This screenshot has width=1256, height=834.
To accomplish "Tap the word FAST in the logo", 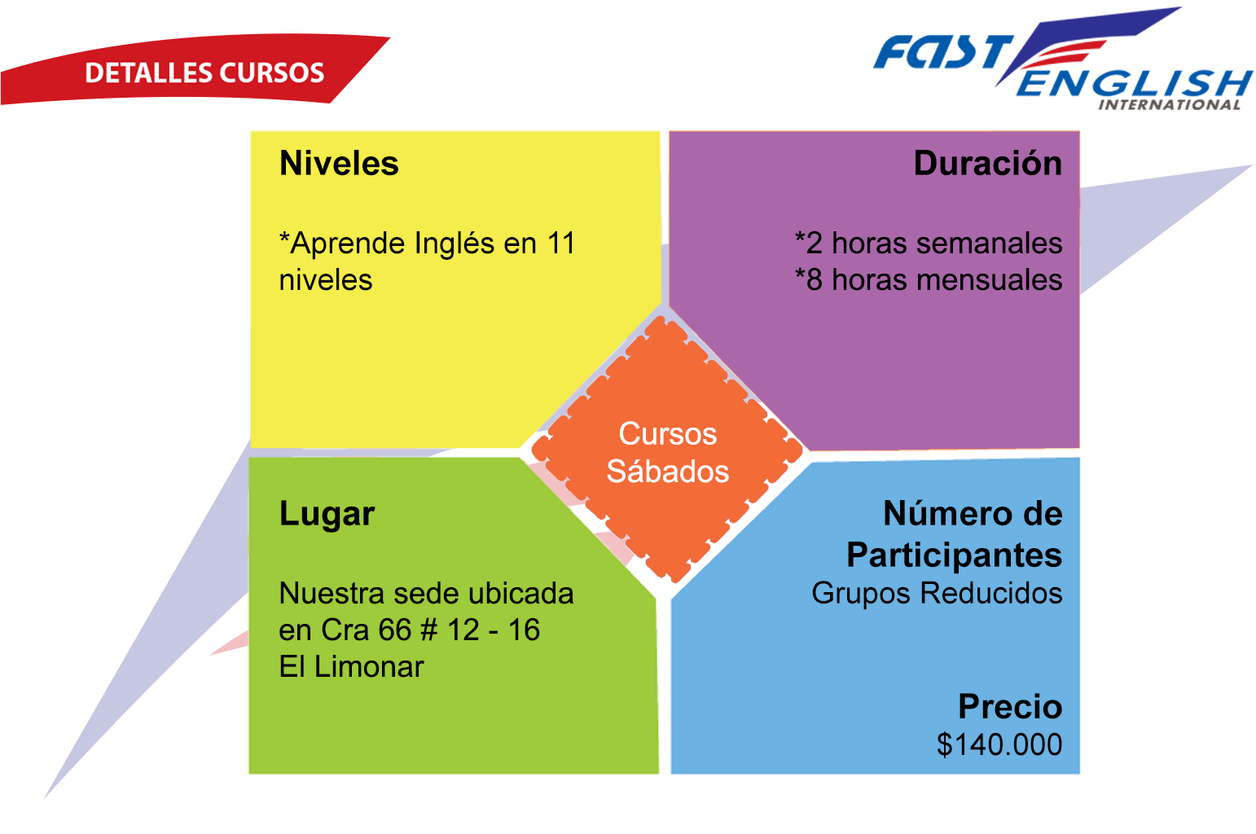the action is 943,52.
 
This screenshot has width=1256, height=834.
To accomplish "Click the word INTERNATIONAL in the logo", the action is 1169,105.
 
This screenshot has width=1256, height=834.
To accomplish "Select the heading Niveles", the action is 339,163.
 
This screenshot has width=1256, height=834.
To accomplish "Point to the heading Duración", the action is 988,163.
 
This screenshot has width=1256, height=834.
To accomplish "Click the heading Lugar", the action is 327,515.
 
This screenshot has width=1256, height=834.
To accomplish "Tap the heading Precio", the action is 1010,706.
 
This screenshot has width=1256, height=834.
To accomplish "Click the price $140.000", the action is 999,744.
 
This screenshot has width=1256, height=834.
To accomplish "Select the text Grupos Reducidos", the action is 937,593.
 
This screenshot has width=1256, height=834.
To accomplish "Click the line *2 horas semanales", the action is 929,244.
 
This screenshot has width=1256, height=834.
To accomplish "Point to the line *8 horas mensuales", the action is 929,279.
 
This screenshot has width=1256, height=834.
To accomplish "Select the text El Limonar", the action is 351,667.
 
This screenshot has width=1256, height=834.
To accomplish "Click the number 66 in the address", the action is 395,630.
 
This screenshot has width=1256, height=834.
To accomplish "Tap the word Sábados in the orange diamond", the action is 668,471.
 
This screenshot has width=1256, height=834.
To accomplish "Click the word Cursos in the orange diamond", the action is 668,434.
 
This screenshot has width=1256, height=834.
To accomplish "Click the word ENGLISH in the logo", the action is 1134,83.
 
